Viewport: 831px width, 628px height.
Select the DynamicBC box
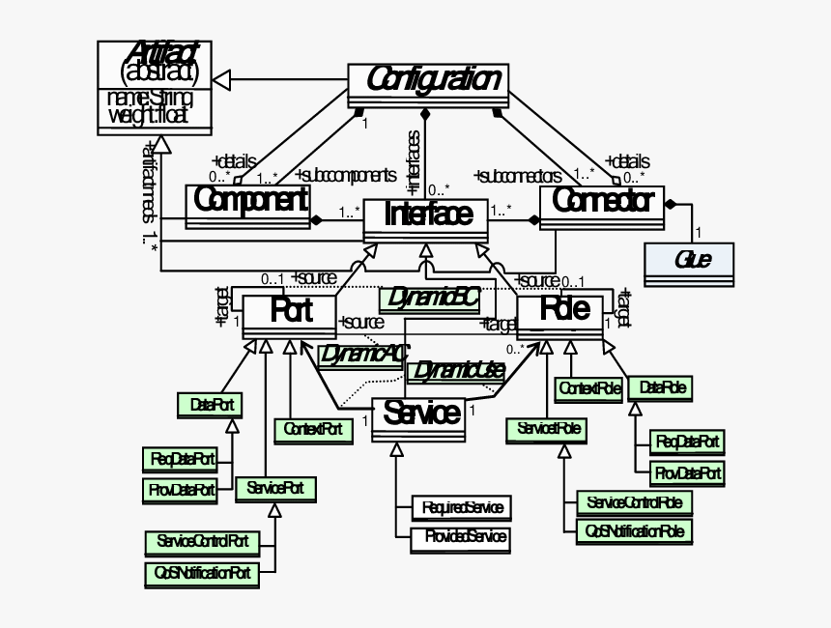(x=428, y=299)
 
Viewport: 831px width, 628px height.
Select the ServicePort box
(x=274, y=489)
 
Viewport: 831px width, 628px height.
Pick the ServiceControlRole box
(x=634, y=502)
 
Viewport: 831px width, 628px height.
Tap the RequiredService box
(x=460, y=507)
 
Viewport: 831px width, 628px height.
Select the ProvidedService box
(x=460, y=537)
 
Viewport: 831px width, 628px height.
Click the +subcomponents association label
(x=345, y=176)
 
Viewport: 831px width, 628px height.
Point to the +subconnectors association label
(x=518, y=176)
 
